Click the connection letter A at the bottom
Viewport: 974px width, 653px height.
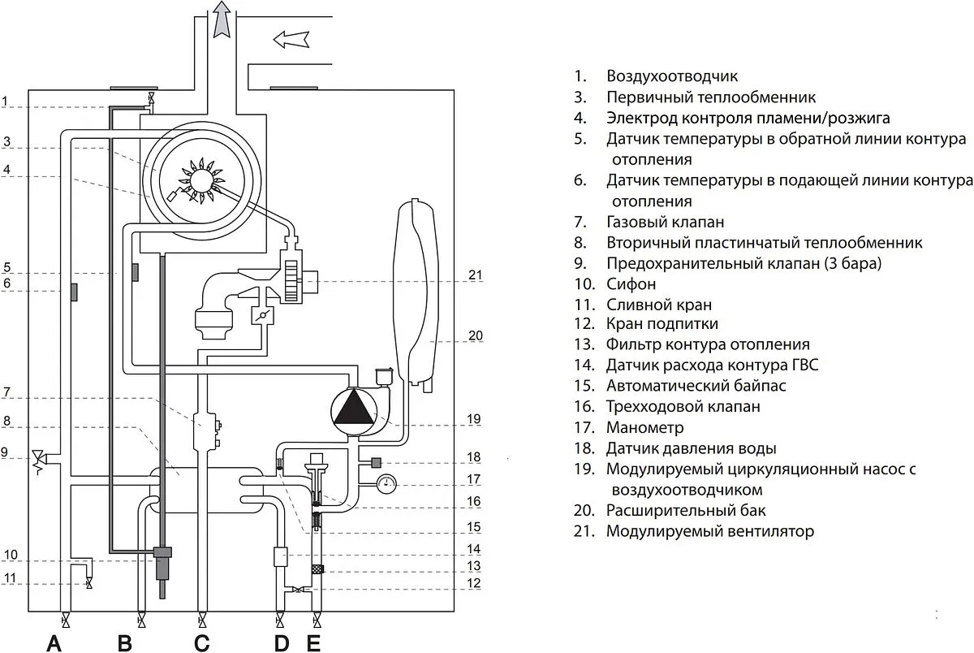(x=54, y=643)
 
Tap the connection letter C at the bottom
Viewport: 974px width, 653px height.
(x=201, y=643)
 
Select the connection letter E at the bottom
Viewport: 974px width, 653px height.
(x=314, y=643)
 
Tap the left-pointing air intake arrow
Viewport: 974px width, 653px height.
(x=291, y=38)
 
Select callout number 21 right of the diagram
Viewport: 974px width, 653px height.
(x=476, y=275)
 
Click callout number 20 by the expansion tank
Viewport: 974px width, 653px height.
(x=476, y=335)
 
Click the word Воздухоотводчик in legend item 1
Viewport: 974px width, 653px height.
(x=671, y=76)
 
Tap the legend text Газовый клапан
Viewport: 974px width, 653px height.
(x=665, y=221)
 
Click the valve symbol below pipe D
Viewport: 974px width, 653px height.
(x=280, y=622)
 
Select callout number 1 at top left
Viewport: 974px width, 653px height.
(x=5, y=102)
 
